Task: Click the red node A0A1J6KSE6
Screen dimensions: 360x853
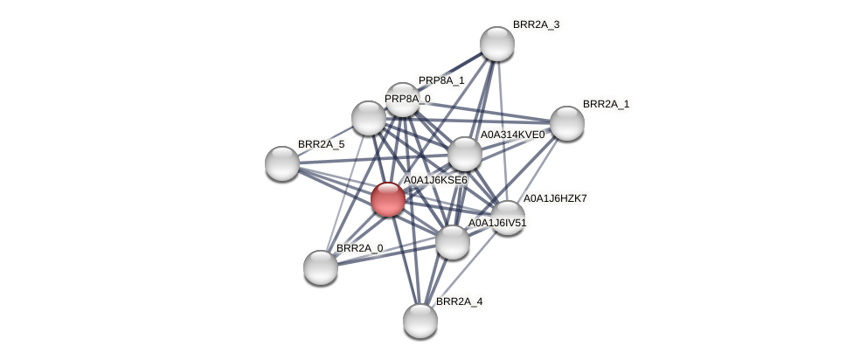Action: [387, 199]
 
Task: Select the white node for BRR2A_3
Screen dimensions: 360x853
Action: [497, 44]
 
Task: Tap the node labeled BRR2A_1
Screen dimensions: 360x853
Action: [566, 123]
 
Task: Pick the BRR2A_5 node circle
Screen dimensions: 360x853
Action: [282, 163]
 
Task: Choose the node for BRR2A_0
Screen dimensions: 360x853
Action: [321, 267]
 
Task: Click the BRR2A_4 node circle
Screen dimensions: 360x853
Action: [420, 320]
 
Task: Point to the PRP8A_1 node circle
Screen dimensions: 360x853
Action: [403, 100]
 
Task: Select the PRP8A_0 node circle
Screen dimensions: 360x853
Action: [369, 118]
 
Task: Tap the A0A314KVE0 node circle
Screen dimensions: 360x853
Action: [465, 155]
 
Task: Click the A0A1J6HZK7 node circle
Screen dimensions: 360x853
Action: [507, 218]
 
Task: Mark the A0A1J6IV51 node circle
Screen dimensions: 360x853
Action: [453, 242]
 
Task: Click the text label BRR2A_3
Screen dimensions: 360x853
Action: [536, 24]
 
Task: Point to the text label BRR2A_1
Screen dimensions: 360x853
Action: [606, 104]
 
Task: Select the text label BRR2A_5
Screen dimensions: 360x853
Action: [321, 144]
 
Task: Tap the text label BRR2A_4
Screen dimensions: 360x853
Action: [459, 301]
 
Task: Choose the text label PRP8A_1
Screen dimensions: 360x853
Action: [441, 80]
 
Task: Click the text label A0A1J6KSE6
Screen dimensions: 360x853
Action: [435, 180]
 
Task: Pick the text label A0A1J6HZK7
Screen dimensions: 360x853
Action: [555, 198]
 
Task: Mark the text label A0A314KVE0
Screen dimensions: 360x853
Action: [512, 135]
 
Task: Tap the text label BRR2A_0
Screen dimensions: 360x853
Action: [359, 248]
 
